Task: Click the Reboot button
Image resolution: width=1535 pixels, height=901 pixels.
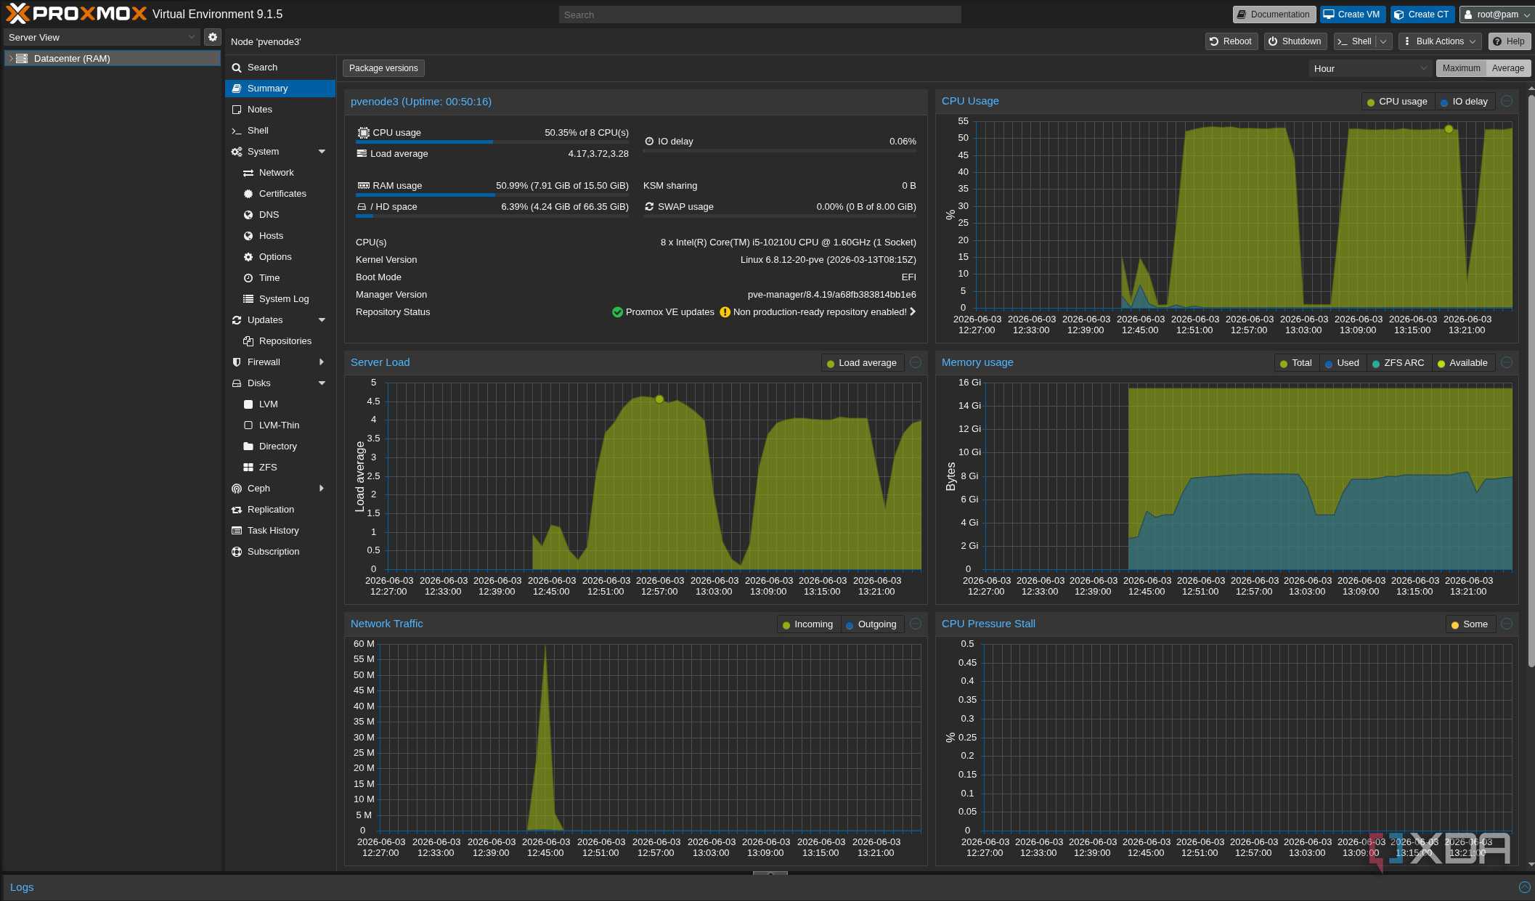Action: click(1231, 41)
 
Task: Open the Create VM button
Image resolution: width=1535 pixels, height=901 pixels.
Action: click(1352, 15)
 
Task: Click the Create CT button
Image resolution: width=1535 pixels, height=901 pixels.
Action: click(1422, 15)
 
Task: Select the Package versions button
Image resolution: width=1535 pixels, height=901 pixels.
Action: click(383, 68)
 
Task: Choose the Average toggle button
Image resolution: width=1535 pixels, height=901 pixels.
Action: click(1508, 68)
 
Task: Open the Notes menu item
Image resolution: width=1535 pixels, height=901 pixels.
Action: click(260, 110)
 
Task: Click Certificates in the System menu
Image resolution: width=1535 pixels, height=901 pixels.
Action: click(282, 194)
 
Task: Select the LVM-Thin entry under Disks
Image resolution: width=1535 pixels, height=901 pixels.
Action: click(279, 425)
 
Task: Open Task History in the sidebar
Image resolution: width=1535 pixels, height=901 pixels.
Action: click(273, 531)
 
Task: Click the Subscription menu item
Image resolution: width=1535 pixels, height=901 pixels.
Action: click(273, 552)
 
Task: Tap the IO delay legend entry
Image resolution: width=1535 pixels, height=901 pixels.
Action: click(1464, 102)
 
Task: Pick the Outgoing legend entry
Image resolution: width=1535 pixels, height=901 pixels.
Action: click(871, 624)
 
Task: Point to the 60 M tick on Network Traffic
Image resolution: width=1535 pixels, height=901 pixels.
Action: click(364, 644)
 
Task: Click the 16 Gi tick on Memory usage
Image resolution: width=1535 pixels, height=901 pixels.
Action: click(969, 383)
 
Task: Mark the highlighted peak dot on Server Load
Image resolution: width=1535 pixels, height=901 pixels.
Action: click(659, 399)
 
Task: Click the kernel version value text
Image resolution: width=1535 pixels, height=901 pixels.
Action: click(828, 260)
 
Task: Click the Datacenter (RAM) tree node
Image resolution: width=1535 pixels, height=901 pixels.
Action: click(72, 59)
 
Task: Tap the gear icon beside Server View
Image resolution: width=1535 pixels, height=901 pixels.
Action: click(213, 37)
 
